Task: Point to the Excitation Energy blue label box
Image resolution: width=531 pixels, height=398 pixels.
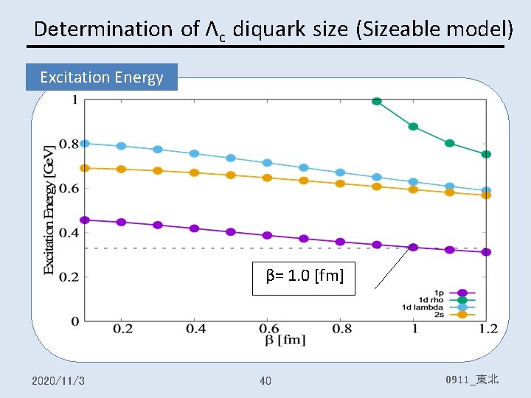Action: point(102,77)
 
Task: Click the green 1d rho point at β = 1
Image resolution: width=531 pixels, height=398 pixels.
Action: point(413,127)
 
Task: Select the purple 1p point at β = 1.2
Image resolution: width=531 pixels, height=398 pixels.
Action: point(485,252)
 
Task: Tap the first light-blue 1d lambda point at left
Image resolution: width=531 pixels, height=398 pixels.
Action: point(85,144)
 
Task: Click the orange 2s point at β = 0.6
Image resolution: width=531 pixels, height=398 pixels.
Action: point(267,178)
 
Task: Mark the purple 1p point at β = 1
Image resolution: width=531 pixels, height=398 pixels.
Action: point(413,247)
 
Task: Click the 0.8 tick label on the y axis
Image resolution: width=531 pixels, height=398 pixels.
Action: point(69,144)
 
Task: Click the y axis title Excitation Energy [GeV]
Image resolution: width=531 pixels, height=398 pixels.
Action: point(49,210)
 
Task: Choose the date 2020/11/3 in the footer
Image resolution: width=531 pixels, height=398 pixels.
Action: point(58,380)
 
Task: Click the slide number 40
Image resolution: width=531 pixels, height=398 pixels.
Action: point(265,380)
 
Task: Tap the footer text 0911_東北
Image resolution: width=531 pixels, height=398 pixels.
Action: point(472,380)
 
